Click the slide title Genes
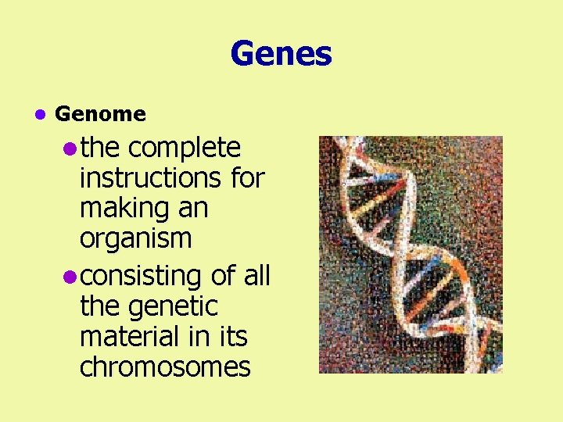pos(281,55)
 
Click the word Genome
pos(101,114)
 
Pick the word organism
pos(135,238)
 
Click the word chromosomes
pos(165,367)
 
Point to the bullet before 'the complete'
pos(70,148)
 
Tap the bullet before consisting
pos(70,277)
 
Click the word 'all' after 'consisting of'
pos(256,276)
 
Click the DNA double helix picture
pos(411,255)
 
